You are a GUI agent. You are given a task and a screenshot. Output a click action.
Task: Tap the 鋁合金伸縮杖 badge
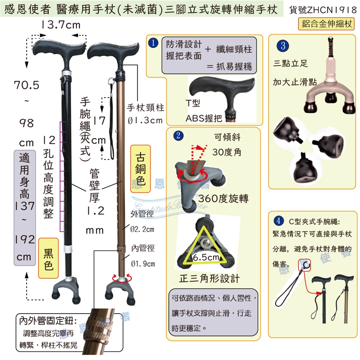[x=327, y=24]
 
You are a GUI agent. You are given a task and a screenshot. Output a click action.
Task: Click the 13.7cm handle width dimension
[x=61, y=25]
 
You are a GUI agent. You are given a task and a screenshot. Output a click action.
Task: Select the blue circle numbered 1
[x=153, y=43]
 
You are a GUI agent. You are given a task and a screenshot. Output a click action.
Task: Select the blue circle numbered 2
[x=178, y=135]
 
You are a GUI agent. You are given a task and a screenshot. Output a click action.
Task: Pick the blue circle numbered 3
[x=283, y=45]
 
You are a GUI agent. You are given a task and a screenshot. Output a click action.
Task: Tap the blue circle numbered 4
[x=279, y=221]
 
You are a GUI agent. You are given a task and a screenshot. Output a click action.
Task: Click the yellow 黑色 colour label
[x=48, y=258]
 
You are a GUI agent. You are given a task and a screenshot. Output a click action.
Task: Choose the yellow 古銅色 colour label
[x=141, y=169]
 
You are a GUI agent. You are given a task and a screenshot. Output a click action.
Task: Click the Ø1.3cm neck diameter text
[x=145, y=120]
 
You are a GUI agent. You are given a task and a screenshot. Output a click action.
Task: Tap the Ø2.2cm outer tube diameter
[x=142, y=229]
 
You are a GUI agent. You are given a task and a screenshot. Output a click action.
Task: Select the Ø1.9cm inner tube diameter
[x=143, y=264]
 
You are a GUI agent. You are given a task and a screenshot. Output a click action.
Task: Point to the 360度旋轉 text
[x=223, y=199]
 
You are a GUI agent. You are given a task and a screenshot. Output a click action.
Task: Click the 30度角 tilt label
[x=226, y=152]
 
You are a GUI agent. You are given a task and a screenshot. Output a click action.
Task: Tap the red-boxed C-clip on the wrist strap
[x=304, y=265]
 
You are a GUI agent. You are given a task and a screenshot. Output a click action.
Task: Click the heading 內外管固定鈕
[x=48, y=321]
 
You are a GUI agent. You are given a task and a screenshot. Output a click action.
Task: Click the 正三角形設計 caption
[x=209, y=279]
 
